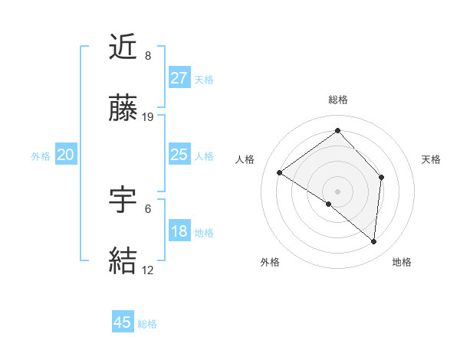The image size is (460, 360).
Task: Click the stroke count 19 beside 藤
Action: click(149, 117)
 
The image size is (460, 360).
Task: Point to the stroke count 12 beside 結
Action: click(148, 270)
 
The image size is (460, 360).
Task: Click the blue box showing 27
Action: click(179, 77)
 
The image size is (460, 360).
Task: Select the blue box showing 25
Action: click(179, 155)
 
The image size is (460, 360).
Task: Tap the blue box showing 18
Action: click(179, 231)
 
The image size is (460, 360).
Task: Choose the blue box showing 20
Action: click(65, 155)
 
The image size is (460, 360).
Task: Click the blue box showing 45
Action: click(123, 322)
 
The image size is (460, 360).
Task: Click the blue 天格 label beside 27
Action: click(204, 79)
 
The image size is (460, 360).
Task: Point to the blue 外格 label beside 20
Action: click(41, 156)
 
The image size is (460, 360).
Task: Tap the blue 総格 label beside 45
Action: click(148, 324)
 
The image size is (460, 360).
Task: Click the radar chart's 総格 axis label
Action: click(338, 100)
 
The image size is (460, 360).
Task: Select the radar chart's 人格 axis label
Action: click(245, 159)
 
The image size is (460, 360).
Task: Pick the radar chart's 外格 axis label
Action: click(270, 262)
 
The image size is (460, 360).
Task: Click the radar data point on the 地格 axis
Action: click(373, 242)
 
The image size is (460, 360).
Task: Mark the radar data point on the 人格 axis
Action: click(280, 172)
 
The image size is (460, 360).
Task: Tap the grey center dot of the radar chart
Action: click(337, 191)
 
